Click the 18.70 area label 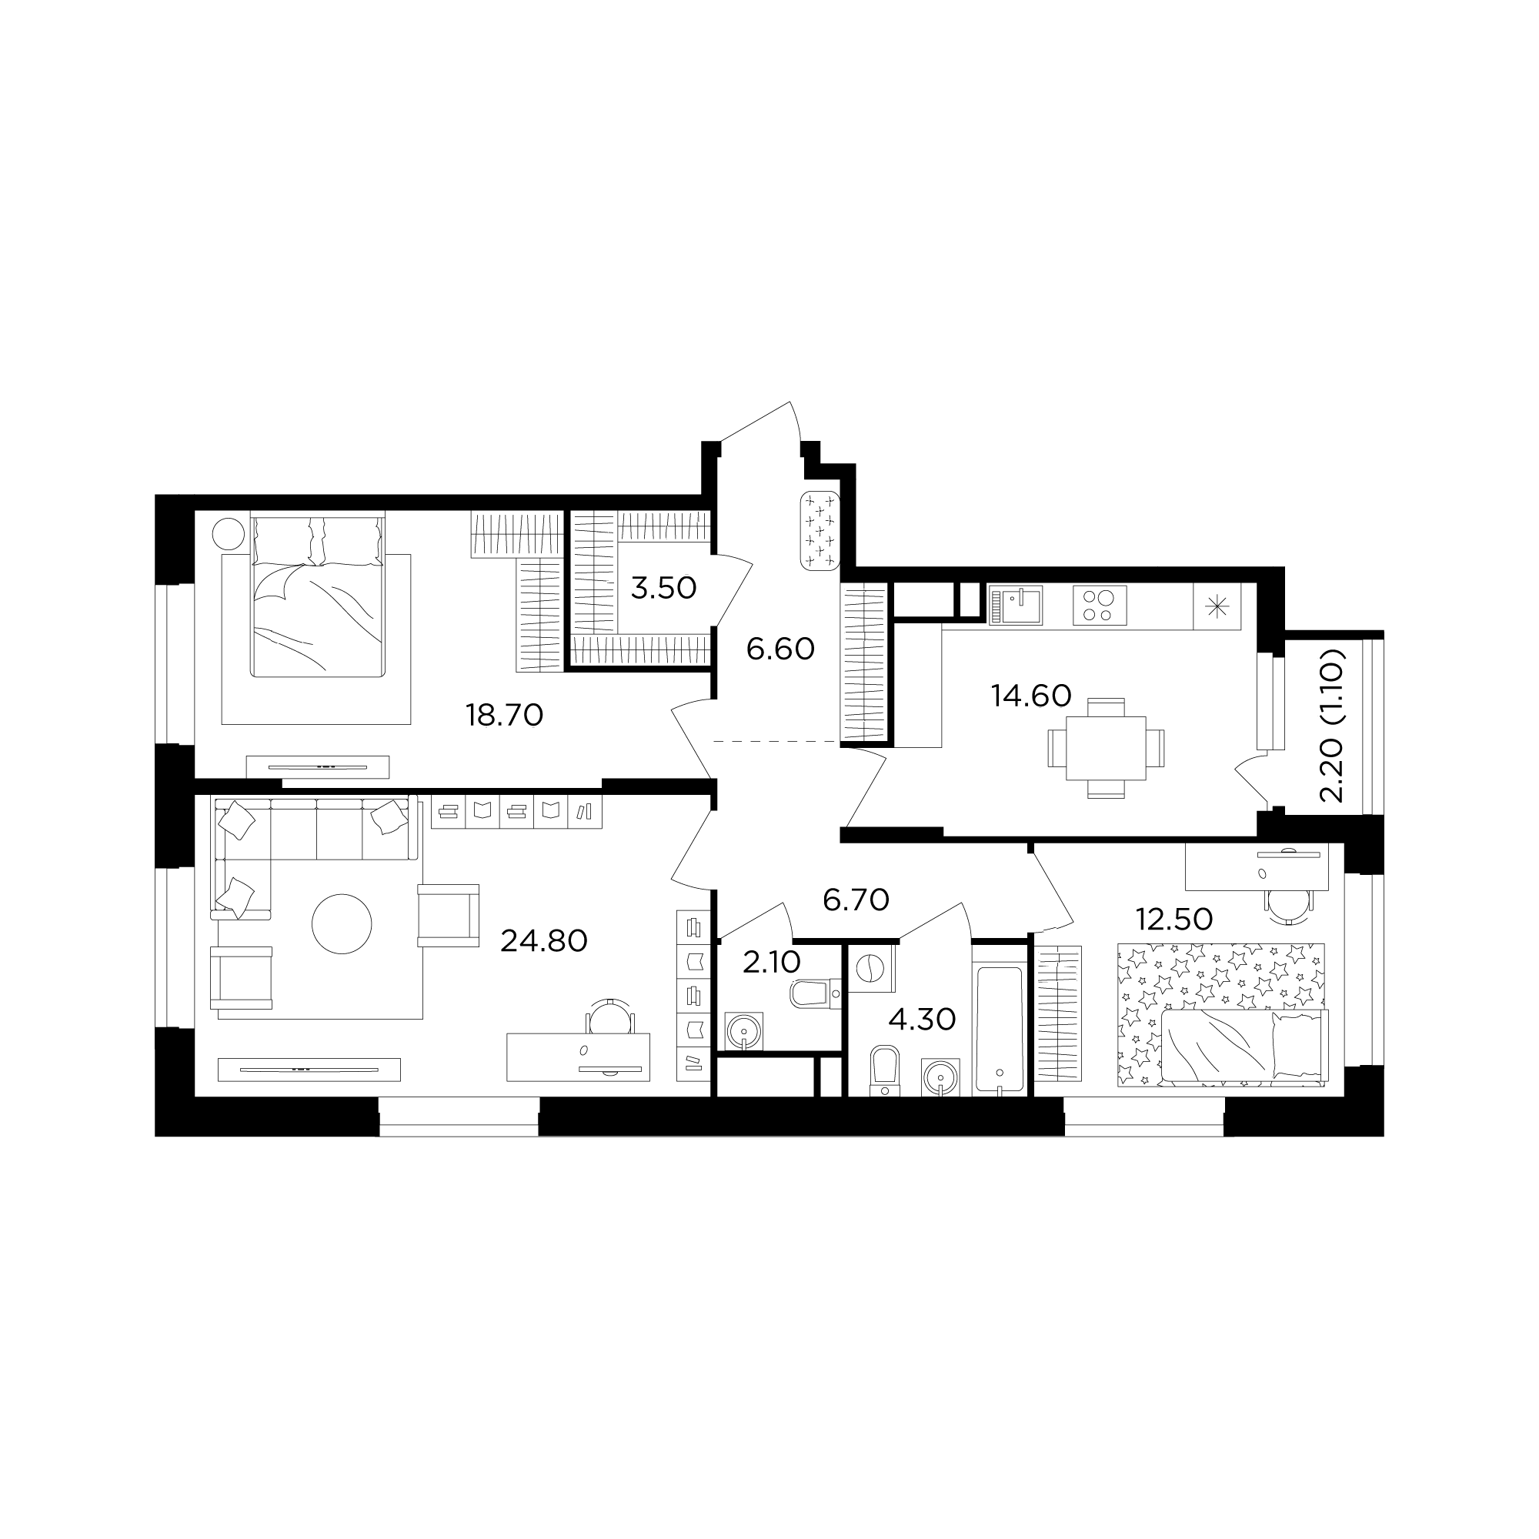pos(504,716)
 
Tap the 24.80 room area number pos(544,942)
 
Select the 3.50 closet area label pos(663,589)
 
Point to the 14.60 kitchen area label pos(1031,696)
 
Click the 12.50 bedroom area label pos(1174,920)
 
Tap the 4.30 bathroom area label pos(922,1020)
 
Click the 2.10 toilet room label pos(771,963)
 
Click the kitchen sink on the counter pos(1016,606)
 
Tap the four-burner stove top pos(1100,605)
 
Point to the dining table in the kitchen pos(1106,748)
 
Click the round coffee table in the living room pos(342,925)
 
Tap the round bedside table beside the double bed pos(229,533)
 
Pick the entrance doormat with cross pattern pos(820,531)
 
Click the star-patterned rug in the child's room pos(1222,1014)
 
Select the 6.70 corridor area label pos(856,900)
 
